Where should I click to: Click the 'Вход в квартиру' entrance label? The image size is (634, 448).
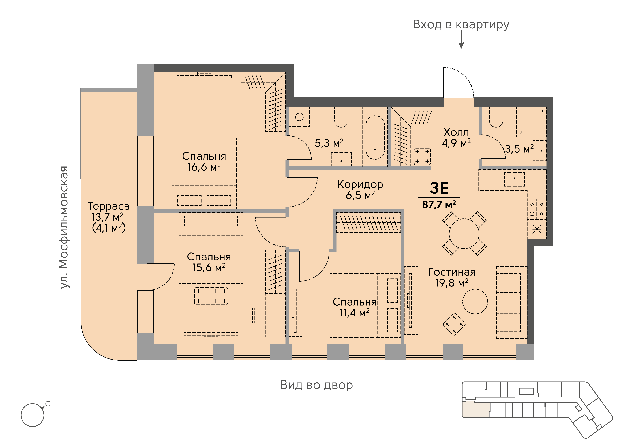[461, 25]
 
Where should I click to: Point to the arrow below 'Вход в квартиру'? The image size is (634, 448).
[461, 39]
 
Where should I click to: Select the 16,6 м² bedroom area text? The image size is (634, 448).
[204, 167]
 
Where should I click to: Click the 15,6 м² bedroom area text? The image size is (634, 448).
[209, 268]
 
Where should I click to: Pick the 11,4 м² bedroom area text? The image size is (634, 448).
[355, 313]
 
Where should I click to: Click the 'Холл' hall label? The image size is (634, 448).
[456, 132]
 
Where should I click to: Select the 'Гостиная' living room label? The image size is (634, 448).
[452, 272]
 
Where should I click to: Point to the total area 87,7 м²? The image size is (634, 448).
[439, 205]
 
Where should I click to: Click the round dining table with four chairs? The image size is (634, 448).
[464, 234]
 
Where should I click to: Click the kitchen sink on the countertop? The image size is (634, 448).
[514, 179]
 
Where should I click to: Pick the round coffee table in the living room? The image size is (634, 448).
[475, 302]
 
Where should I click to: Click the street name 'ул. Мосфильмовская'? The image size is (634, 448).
[64, 227]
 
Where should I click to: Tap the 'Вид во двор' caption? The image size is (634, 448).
[317, 385]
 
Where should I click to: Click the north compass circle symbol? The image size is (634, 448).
[33, 415]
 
